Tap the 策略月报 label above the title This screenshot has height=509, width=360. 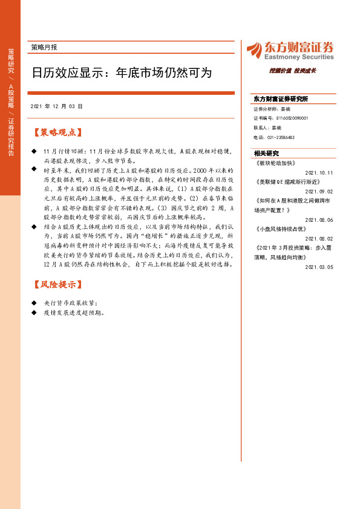pos(48,47)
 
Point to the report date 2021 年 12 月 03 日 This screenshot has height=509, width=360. pos(56,106)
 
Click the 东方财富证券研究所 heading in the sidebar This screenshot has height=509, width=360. pos(281,99)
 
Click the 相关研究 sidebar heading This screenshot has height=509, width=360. pos(266,153)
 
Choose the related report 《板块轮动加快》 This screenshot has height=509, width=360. pos(273,163)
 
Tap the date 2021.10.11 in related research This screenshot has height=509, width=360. pos(319,172)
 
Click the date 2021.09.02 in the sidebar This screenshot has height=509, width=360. pos(319,190)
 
